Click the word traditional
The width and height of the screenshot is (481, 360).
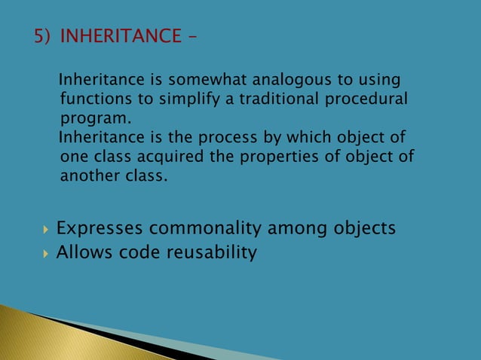pos(277,99)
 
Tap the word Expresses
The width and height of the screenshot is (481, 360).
pos(102,228)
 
